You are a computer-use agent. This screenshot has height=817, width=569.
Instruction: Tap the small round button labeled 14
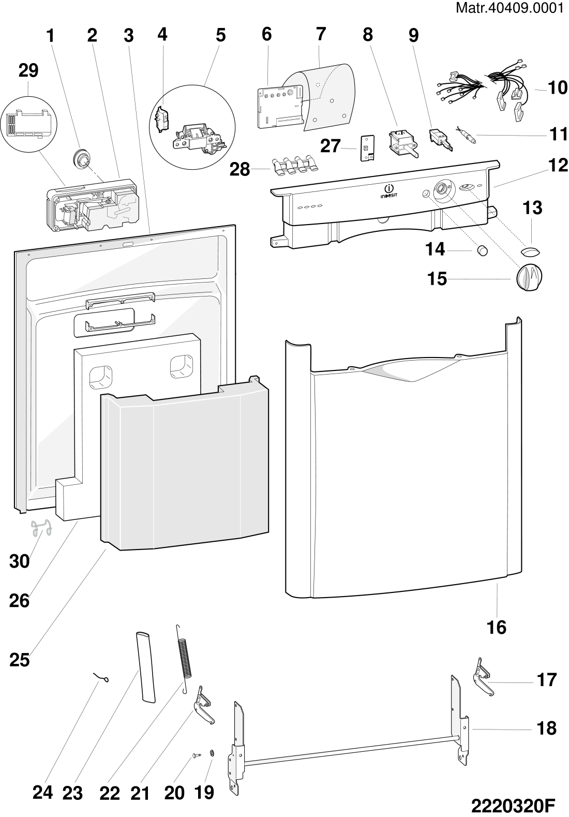(482, 250)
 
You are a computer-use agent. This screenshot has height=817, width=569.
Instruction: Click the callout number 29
(28, 70)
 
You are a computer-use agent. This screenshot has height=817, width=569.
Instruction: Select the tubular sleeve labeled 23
(145, 667)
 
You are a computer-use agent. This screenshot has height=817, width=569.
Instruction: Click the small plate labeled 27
(367, 148)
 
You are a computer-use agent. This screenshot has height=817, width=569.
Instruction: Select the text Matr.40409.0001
(510, 8)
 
